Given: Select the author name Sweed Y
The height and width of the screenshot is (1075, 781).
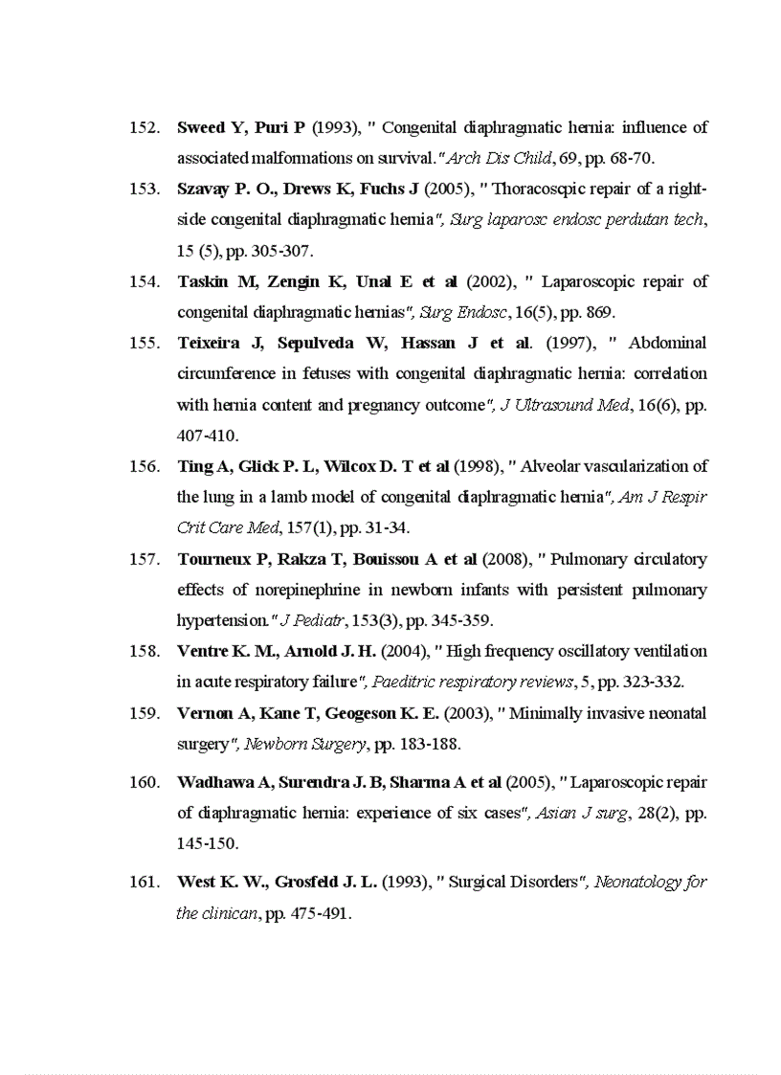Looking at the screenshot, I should pyautogui.click(x=201, y=127).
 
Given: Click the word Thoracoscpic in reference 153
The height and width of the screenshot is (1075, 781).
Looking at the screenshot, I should pyautogui.click(x=541, y=189).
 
